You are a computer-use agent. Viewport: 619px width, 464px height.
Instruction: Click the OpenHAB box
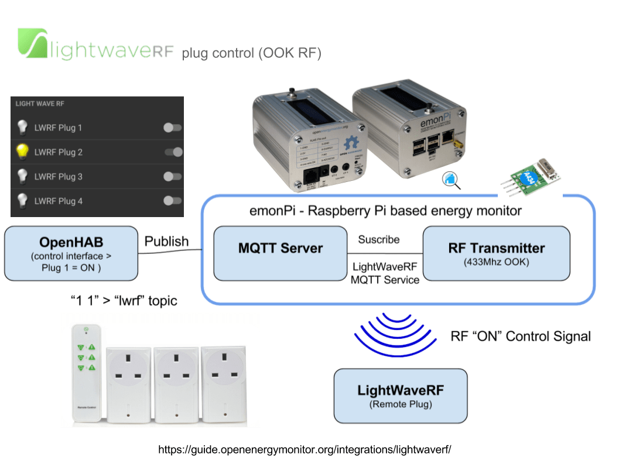tap(71, 254)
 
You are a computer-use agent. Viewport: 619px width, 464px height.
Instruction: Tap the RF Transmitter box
tap(496, 253)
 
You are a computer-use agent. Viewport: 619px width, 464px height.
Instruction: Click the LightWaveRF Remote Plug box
tap(401, 396)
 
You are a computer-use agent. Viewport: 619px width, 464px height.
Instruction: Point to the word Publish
tap(166, 241)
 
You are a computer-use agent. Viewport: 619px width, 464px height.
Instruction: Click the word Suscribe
tap(378, 240)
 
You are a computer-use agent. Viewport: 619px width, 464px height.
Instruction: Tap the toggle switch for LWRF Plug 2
tap(173, 152)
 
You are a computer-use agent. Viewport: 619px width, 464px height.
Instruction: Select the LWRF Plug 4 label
tap(58, 201)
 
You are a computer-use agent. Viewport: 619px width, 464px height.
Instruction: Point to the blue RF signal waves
tap(395, 334)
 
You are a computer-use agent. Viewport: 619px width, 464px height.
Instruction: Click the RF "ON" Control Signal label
tap(520, 336)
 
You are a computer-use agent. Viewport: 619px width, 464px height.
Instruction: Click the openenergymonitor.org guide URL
tap(305, 449)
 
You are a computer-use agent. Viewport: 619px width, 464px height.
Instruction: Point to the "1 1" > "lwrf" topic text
tap(124, 301)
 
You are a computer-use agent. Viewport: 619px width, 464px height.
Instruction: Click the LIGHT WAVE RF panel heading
tap(40, 104)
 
